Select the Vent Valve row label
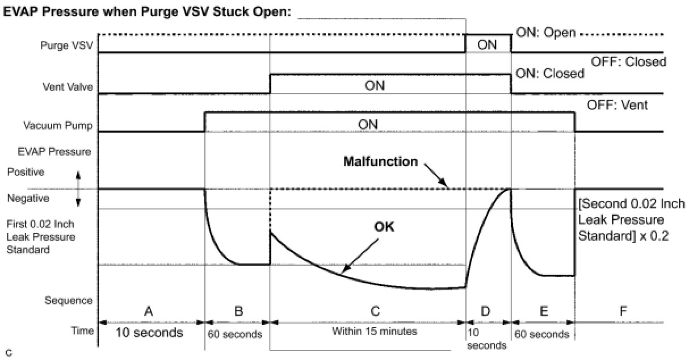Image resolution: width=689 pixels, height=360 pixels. click(68, 87)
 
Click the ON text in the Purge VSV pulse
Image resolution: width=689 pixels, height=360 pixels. click(488, 45)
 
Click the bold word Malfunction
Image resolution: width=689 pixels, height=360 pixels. click(380, 161)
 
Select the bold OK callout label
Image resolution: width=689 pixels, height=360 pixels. click(384, 227)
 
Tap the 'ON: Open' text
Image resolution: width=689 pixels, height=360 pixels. click(545, 32)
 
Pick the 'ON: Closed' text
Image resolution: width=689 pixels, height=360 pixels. click(549, 73)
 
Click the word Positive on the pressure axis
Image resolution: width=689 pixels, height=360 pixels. click(26, 171)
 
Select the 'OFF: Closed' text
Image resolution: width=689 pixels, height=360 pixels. click(628, 62)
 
